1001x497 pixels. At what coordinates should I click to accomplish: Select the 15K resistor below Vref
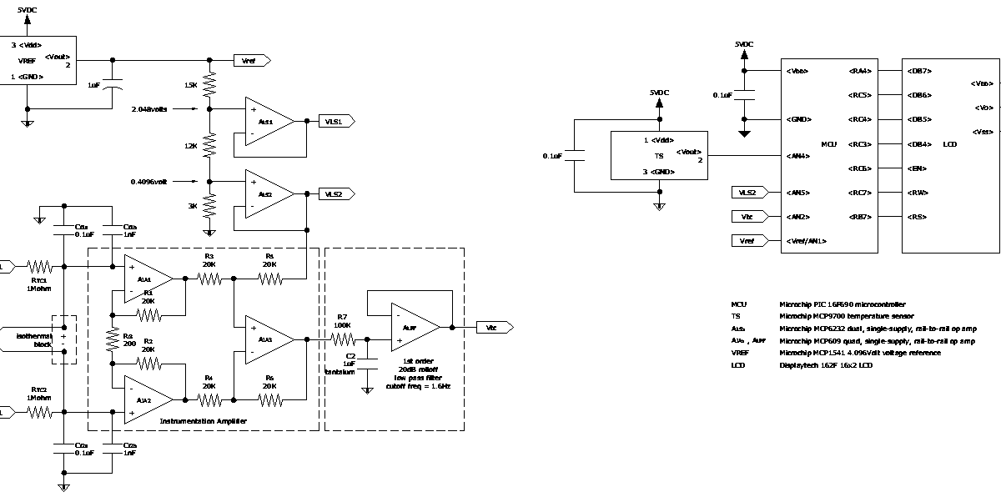209,85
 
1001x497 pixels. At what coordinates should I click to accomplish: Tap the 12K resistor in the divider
209,146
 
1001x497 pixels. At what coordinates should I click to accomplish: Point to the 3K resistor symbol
209,205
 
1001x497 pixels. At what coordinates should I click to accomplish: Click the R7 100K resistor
343,339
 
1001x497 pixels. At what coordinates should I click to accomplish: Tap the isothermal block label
33,339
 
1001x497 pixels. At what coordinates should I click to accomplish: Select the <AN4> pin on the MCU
797,156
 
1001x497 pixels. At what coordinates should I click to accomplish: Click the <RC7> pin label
859,193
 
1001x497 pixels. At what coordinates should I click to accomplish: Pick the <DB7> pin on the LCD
918,71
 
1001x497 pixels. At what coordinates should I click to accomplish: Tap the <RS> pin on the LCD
916,217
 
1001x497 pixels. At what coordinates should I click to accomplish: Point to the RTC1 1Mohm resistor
39,267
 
